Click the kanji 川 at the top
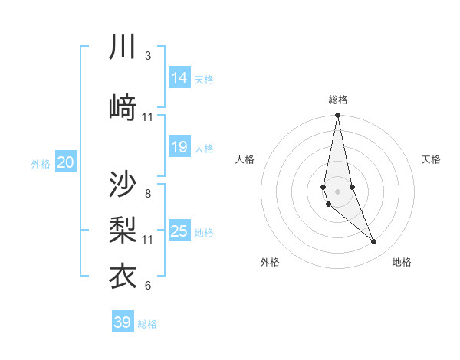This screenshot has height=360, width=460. click(x=123, y=47)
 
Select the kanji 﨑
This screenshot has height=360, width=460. click(x=123, y=106)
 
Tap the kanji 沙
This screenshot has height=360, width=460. click(x=123, y=184)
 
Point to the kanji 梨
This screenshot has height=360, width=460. click(x=123, y=229)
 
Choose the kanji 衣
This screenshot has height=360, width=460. click(x=123, y=276)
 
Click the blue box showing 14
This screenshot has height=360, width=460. click(x=179, y=77)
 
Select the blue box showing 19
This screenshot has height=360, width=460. click(x=179, y=147)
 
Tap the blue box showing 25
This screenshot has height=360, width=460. click(x=179, y=231)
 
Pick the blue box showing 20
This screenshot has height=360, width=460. click(x=66, y=162)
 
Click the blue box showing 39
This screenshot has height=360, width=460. click(x=123, y=322)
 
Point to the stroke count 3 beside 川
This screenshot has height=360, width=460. click(x=148, y=56)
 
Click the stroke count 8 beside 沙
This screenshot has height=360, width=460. click(x=148, y=193)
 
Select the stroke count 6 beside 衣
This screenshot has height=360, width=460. click(x=148, y=286)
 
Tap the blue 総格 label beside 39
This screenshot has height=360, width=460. click(x=147, y=324)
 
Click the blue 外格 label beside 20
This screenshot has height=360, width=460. click(x=40, y=163)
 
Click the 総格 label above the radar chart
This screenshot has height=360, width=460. click(x=338, y=100)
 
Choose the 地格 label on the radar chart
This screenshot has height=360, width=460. click(x=402, y=262)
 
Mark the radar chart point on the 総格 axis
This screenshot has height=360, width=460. click(x=337, y=116)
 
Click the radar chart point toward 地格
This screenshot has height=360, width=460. click(x=373, y=241)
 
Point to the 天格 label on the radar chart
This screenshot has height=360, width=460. click(x=432, y=159)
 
